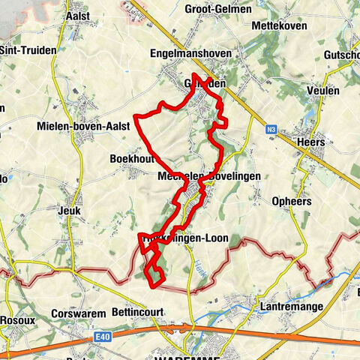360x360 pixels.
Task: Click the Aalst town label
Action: [x=77, y=15]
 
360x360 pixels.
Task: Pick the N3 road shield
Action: [x=270, y=129]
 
